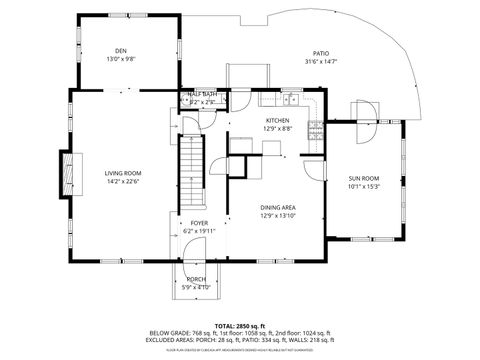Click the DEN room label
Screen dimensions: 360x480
pos(121,51)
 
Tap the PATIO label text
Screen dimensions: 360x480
pos(321,54)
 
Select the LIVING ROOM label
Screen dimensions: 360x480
pos(123,174)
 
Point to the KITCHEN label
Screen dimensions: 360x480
pos(277,120)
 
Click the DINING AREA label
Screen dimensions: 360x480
pos(278,207)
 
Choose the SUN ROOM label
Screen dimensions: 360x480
pos(361,178)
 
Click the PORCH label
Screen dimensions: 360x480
pos(196,279)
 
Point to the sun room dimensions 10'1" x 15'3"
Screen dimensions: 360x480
pos(361,186)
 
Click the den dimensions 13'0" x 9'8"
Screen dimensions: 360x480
pos(121,59)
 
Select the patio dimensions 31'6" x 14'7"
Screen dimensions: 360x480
pos(321,62)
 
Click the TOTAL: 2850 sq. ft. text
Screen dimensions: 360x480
pos(239,326)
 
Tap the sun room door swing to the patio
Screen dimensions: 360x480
pos(363,112)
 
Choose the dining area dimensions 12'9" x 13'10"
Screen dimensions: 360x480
pos(278,215)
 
